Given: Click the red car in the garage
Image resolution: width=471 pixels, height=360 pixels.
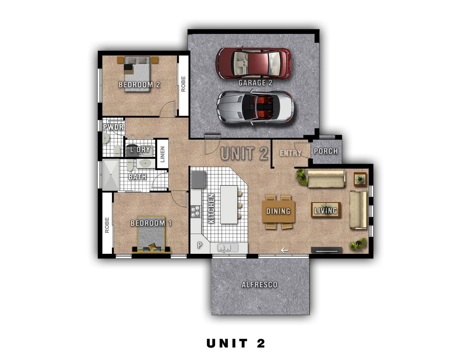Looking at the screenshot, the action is [253, 64].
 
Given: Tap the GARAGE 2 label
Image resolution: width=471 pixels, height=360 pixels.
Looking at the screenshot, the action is [255, 83].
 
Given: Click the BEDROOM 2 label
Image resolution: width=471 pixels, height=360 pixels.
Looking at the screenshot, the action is [139, 85].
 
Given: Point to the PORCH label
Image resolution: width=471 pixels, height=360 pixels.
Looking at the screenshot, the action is [326, 151].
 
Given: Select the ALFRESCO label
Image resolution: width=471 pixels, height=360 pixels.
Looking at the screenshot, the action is [259, 285].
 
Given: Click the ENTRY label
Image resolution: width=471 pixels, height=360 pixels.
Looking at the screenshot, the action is [290, 153].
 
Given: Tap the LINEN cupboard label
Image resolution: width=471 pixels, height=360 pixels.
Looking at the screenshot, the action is [162, 154].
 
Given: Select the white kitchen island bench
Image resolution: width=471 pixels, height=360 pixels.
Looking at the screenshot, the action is [229, 205].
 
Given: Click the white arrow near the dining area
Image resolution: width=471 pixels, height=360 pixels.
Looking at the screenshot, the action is [284, 250].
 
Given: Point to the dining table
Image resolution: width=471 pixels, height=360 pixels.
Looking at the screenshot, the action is [278, 211].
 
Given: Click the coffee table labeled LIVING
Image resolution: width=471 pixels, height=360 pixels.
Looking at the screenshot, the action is [326, 210].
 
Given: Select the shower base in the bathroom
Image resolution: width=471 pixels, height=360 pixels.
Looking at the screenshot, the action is [111, 175].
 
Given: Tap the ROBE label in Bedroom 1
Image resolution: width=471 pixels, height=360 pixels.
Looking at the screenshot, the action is [107, 225].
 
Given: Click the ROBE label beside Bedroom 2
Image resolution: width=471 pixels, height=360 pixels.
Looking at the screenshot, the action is [183, 84].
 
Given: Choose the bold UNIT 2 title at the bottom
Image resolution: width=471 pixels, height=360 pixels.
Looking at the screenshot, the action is [235, 343].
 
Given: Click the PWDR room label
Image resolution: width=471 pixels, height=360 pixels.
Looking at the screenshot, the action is [113, 127].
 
